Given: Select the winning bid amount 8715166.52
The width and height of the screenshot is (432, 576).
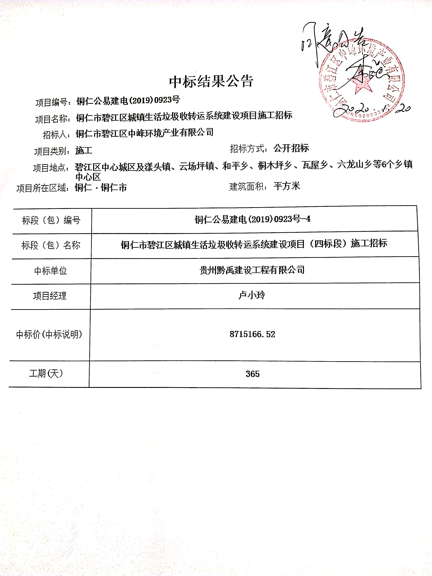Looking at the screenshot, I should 252,334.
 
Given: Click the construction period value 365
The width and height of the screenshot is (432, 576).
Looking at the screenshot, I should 252,374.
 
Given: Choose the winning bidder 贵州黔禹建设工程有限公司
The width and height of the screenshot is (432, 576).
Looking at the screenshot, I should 252,270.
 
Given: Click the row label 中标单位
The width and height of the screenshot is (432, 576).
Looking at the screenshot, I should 50,271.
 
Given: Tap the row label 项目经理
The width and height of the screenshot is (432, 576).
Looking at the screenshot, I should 50,296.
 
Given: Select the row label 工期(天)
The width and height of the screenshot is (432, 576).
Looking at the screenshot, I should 46,373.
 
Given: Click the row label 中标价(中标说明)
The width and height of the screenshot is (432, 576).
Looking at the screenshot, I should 49,334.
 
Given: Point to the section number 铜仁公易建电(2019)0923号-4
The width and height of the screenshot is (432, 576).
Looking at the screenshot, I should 253,219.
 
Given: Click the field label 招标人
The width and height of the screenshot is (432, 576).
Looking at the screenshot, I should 56,135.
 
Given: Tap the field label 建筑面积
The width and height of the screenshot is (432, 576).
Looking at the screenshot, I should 248,187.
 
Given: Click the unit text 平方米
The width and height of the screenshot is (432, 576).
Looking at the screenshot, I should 287,186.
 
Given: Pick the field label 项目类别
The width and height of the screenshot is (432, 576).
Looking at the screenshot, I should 52,151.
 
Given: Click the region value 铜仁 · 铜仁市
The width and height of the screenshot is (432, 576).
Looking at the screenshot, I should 101,187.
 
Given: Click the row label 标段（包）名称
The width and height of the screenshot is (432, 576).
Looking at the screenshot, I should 51,245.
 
